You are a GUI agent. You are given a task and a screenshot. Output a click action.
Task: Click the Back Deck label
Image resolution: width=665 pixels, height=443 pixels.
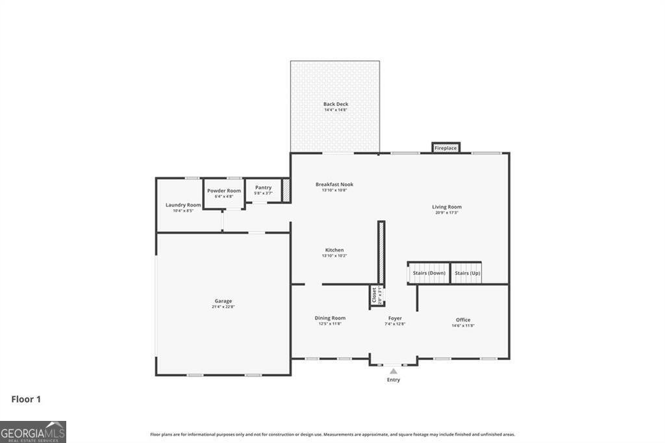[336, 104]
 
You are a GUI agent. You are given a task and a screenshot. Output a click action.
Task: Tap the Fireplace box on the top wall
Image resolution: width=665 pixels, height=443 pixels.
[445, 148]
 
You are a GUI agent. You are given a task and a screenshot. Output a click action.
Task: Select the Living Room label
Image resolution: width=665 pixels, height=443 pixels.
[447, 207]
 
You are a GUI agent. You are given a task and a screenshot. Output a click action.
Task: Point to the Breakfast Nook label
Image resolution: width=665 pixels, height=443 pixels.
[334, 184]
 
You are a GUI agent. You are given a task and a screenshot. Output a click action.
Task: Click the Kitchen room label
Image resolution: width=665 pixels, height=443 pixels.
[334, 250]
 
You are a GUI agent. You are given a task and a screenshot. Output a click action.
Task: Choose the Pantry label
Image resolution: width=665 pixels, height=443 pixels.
[263, 188]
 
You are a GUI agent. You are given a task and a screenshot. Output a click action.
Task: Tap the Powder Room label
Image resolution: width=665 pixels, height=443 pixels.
[224, 191]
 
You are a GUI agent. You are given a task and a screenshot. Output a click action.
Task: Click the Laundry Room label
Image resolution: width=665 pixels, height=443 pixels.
[179, 205]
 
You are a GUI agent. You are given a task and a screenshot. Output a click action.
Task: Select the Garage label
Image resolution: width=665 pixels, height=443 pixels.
[223, 301]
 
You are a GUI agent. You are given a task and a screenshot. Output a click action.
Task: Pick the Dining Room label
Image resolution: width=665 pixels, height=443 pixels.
[330, 318]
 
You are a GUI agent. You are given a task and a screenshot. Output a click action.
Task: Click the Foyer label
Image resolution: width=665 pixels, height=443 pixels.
[395, 318]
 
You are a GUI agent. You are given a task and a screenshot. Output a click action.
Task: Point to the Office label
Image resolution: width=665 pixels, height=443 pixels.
[463, 320]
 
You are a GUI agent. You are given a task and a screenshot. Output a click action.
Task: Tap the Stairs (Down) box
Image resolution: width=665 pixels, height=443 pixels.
[429, 273]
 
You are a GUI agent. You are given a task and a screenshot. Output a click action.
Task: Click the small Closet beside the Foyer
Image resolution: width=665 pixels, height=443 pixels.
[375, 295]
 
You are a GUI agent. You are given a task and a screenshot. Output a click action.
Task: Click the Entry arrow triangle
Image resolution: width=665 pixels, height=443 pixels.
[394, 371]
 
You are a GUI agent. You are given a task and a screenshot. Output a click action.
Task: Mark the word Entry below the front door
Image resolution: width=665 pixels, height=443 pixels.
[394, 380]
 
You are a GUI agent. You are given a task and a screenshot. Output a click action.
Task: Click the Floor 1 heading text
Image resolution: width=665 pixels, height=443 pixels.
[26, 399]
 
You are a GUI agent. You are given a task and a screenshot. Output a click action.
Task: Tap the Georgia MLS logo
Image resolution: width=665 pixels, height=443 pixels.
[33, 432]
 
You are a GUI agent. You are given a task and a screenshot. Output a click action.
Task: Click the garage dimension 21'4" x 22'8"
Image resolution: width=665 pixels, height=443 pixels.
[223, 307]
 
